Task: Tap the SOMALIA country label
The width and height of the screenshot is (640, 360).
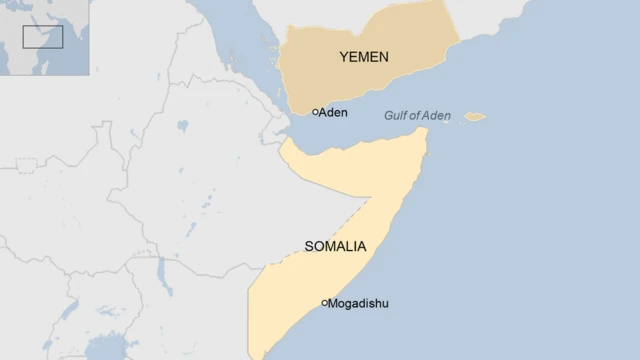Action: [333, 246]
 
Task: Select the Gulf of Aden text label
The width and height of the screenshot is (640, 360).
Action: [417, 116]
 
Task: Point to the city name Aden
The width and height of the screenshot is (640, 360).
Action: [333, 112]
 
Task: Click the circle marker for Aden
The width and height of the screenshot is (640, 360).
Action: [315, 112]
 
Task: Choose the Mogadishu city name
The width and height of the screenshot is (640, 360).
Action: [359, 303]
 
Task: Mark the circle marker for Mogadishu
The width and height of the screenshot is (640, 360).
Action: [324, 302]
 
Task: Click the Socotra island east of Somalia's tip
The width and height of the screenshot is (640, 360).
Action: [475, 116]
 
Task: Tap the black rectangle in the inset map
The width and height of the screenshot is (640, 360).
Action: [43, 37]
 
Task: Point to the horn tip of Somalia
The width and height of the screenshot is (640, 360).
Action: [427, 131]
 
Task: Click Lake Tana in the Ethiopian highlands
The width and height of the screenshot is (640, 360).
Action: [181, 127]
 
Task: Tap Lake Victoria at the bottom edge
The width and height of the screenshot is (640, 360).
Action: [105, 350]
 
